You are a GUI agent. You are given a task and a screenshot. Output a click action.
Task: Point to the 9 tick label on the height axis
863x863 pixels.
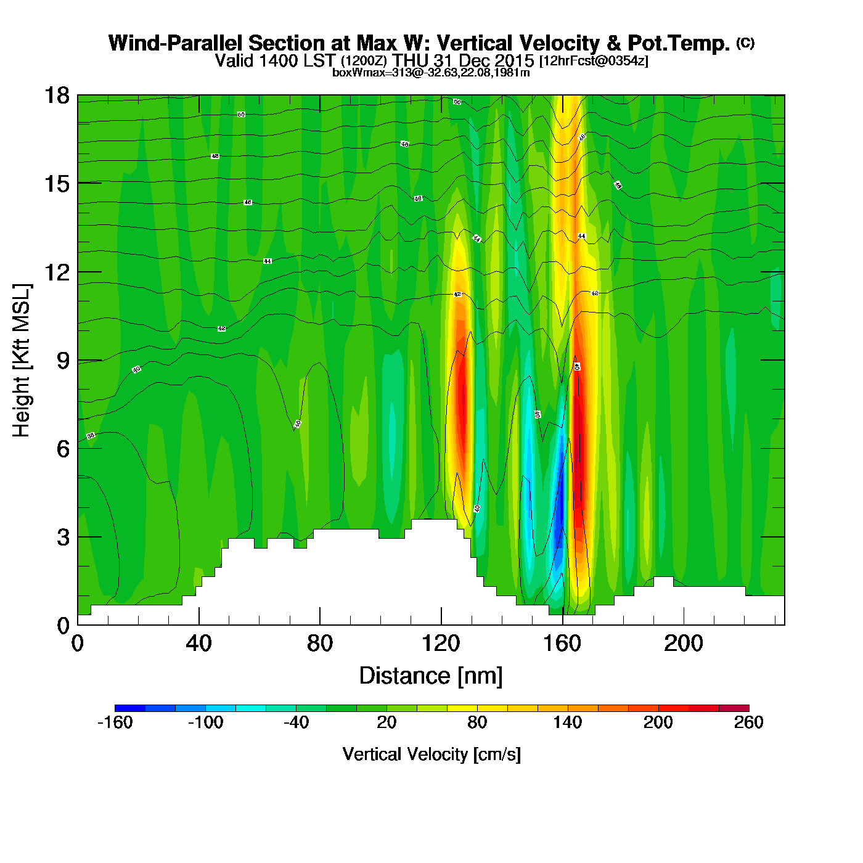(63, 361)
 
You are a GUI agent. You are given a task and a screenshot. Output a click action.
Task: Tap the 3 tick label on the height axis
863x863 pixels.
(63, 538)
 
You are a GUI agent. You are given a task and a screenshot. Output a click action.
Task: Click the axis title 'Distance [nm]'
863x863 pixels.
(431, 676)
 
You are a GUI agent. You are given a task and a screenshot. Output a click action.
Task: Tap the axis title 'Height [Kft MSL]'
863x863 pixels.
(22, 361)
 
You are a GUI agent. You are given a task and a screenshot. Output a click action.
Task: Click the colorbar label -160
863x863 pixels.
(115, 722)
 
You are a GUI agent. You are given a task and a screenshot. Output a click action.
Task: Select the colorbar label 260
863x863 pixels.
(748, 722)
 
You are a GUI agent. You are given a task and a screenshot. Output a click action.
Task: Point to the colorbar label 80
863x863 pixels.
(477, 722)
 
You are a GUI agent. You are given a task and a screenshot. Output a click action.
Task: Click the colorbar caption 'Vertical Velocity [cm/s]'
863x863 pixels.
(431, 755)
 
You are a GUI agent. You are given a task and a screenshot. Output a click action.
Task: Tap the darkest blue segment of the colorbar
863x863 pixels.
(130, 708)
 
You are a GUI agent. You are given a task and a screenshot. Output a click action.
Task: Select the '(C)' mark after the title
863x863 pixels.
(745, 43)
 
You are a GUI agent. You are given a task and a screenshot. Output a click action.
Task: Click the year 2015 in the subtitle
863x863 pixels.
(514, 61)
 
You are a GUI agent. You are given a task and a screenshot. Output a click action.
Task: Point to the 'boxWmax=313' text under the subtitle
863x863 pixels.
(361, 73)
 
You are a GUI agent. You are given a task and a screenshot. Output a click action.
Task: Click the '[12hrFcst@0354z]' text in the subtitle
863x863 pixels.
(594, 61)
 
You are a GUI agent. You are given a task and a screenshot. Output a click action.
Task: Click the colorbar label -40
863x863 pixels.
(296, 722)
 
